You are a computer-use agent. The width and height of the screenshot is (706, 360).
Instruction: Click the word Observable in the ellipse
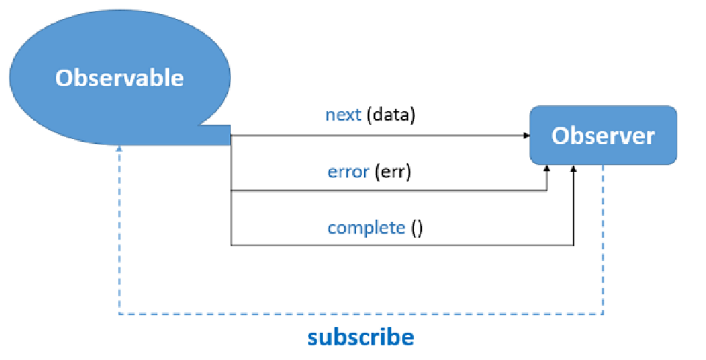pyautogui.click(x=120, y=78)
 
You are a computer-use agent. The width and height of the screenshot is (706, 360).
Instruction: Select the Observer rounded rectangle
pyautogui.click(x=603, y=135)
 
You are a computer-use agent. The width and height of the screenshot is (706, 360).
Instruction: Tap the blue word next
pyautogui.click(x=343, y=115)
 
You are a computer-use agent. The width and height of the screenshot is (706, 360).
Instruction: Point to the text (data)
pyautogui.click(x=391, y=115)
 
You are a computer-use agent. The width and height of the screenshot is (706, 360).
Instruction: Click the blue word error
pyautogui.click(x=348, y=172)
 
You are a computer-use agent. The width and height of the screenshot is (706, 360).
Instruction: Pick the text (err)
pyautogui.click(x=393, y=172)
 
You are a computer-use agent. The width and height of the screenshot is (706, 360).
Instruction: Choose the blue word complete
pyautogui.click(x=366, y=228)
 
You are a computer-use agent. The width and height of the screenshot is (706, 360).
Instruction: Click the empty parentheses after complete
pyautogui.click(x=416, y=228)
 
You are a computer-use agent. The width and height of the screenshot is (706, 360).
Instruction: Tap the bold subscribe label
pyautogui.click(x=361, y=337)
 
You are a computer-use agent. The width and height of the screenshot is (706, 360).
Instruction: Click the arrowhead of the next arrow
pyautogui.click(x=527, y=136)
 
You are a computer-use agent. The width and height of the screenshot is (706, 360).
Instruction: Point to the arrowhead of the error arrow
pyautogui.click(x=547, y=169)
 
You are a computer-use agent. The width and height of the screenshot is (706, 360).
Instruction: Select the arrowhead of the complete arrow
pyautogui.click(x=574, y=169)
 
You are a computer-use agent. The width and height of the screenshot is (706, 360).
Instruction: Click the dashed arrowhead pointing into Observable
pyautogui.click(x=119, y=148)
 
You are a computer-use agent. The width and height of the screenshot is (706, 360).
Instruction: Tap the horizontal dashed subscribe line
pyautogui.click(x=361, y=314)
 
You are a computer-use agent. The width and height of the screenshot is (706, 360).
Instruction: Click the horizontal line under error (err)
pyautogui.click(x=389, y=191)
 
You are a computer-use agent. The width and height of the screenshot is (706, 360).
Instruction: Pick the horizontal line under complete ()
pyautogui.click(x=402, y=245)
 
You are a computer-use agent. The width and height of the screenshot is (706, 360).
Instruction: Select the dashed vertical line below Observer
pyautogui.click(x=603, y=239)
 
